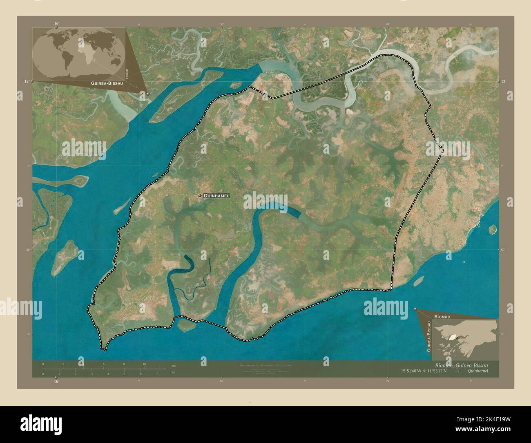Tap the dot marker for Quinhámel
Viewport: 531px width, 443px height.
click(200, 196)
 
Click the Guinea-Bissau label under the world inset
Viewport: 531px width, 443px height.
click(105, 83)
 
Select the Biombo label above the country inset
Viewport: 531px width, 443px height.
click(442, 317)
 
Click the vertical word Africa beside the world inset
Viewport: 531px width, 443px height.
click(127, 74)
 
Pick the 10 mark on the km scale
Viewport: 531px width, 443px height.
click(144, 364)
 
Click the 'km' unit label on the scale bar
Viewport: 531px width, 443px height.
click(173, 365)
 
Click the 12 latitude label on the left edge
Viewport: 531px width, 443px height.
click(26, 82)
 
